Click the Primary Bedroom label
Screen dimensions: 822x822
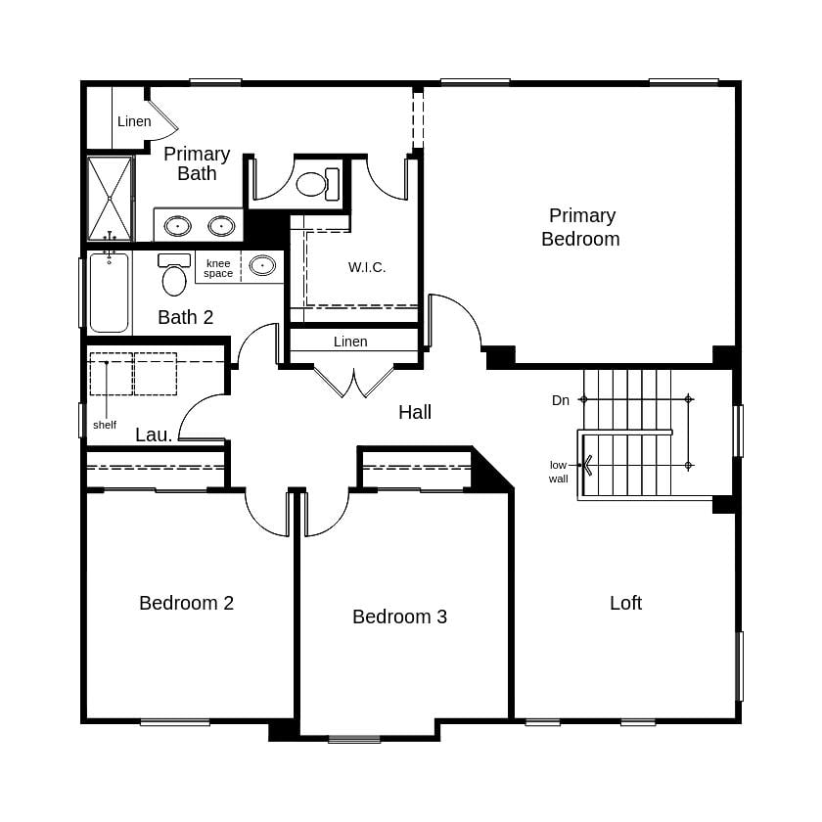580,227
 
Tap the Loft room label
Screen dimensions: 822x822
625,603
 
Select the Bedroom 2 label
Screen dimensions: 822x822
186,603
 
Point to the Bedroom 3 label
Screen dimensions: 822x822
399,616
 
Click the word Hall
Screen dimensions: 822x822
415,412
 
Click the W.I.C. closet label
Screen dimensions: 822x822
367,267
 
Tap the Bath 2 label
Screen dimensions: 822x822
185,317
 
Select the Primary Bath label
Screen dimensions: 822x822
197,163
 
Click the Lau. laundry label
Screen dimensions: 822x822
154,434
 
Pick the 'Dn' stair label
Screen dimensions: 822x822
561,400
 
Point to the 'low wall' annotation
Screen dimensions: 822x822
558,472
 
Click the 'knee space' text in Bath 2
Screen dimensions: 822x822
218,268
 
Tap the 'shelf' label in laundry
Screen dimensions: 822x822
105,425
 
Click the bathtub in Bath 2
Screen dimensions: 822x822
109,294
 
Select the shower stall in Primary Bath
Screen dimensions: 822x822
109,198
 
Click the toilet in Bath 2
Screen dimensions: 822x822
174,276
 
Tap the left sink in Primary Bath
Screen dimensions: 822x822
177,226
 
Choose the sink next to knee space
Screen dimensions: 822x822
262,265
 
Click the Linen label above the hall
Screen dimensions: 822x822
350,342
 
